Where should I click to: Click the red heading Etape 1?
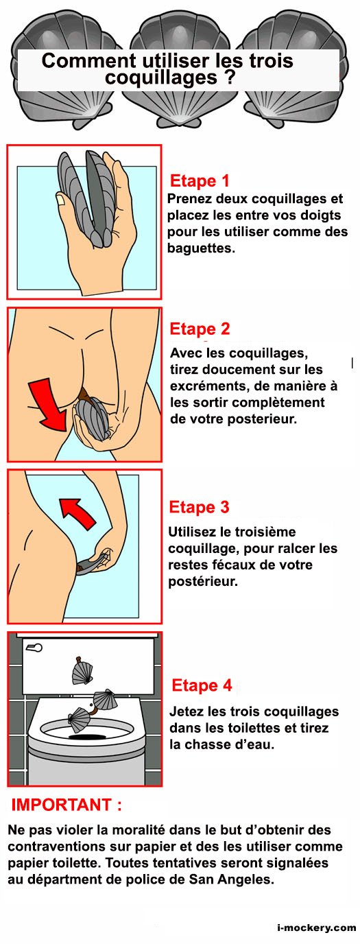(x=200, y=181)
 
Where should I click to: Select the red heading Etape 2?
(x=200, y=329)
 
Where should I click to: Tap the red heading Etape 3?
(x=199, y=507)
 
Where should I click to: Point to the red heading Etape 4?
(x=202, y=685)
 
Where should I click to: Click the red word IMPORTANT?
(x=61, y=805)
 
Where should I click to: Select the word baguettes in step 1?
(x=200, y=248)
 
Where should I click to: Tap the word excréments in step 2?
(x=208, y=386)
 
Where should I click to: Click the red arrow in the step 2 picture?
(x=49, y=403)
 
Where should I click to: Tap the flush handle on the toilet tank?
(x=34, y=647)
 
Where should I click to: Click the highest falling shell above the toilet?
(x=82, y=672)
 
